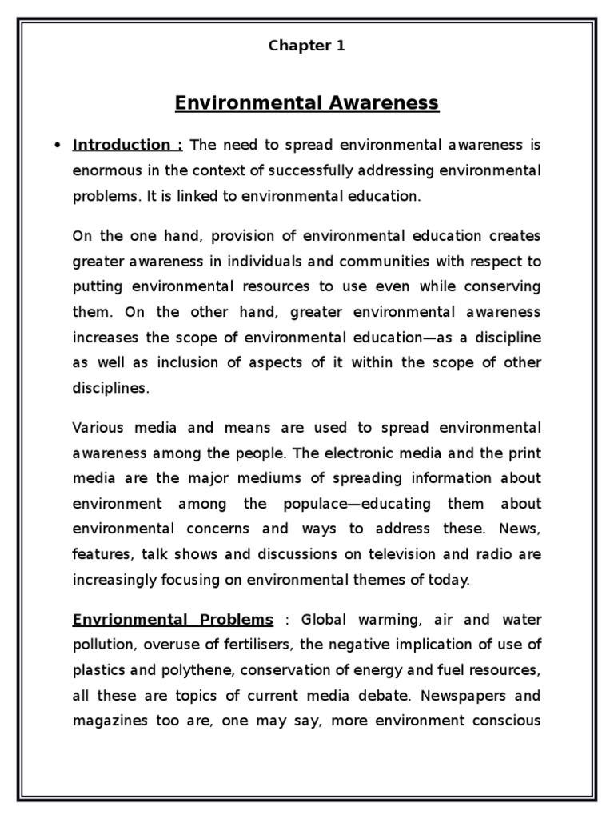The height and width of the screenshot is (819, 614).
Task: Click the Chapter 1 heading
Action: [x=307, y=46]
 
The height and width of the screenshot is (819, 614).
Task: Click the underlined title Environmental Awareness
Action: [x=307, y=102]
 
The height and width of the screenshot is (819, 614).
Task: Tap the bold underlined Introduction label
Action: [x=128, y=145]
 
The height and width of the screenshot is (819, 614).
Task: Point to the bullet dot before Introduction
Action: [x=56, y=146]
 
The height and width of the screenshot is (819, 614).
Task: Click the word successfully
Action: [x=308, y=170]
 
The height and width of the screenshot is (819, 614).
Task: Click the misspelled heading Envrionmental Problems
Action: [x=173, y=620]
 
